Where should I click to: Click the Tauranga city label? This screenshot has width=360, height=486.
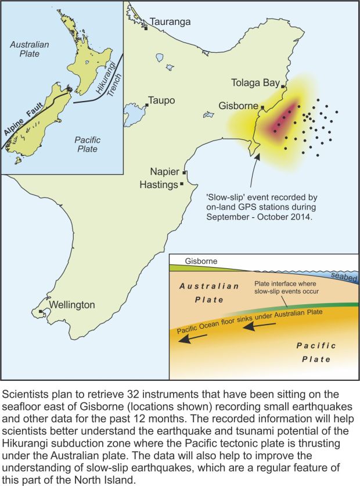170,22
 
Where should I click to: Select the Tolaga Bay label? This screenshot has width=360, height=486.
255,82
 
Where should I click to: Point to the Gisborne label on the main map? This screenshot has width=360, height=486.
238,106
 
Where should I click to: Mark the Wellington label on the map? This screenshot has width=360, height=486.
71,305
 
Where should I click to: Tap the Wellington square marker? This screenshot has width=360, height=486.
40,312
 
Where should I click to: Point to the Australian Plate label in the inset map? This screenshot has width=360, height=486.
30,49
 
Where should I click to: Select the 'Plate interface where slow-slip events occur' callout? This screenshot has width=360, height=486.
290,286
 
